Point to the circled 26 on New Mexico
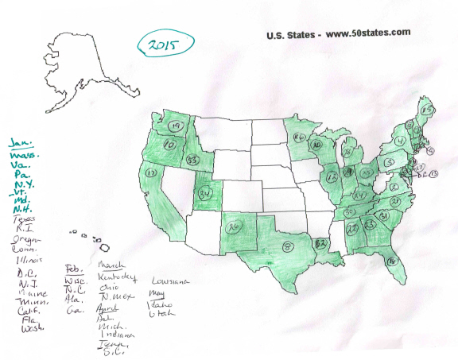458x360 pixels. [234, 227]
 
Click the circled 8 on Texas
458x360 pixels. [287, 248]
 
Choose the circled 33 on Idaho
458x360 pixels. [192, 160]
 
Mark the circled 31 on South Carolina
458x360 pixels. [384, 216]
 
